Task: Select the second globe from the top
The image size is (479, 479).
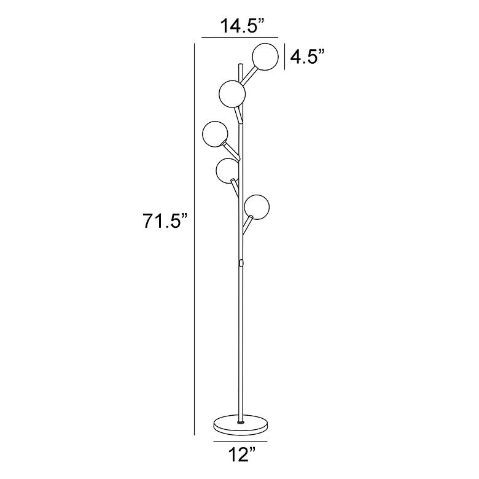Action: point(232,93)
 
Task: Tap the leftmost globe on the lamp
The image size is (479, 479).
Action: point(216,134)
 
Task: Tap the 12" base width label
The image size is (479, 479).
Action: point(240,455)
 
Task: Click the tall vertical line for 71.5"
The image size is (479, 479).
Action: point(195,240)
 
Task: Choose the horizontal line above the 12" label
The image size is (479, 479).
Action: point(240,441)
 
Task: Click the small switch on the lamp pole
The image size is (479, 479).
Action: point(241,263)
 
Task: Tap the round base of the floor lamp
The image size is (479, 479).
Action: point(240,426)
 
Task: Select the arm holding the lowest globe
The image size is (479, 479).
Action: point(246,225)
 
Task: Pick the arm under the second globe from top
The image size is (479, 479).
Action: point(238,114)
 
